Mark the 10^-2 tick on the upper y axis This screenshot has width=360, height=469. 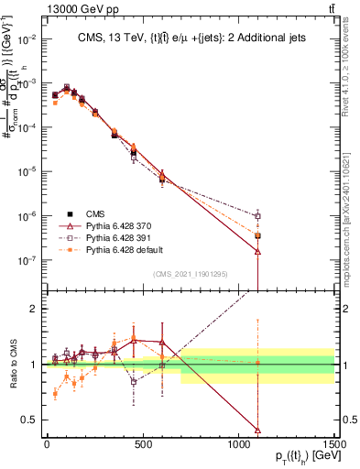29,38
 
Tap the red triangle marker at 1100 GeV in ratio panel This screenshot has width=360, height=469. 258,431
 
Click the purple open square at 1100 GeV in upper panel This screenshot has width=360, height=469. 258,216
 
